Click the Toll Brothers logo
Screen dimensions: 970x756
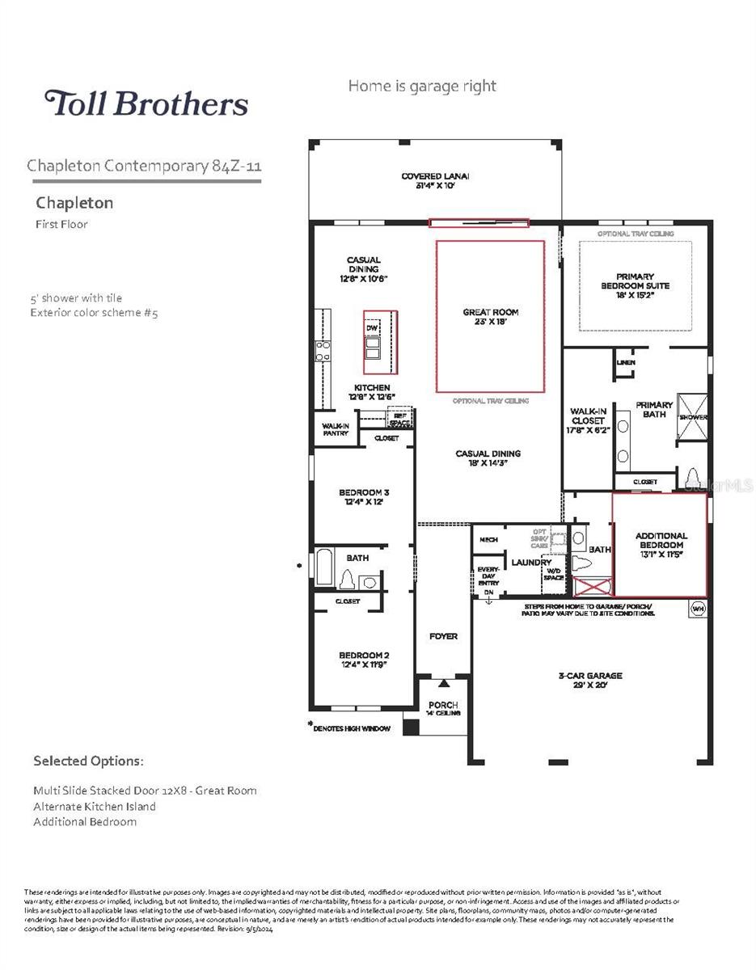(x=146, y=103)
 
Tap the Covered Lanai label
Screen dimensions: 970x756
(x=436, y=180)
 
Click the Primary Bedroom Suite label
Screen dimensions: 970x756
(x=635, y=281)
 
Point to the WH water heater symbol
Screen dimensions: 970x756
(x=697, y=608)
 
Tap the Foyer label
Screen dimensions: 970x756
(x=442, y=636)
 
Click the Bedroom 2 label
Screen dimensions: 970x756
(x=364, y=660)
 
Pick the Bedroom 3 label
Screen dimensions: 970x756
(x=364, y=496)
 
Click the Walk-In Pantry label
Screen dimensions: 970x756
(x=335, y=429)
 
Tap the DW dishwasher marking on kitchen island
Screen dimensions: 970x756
(x=372, y=328)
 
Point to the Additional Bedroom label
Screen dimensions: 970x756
(x=661, y=540)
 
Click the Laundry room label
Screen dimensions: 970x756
(x=530, y=562)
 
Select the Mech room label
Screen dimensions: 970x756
(x=488, y=539)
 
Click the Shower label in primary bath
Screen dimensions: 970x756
(x=693, y=417)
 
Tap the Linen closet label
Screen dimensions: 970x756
(x=626, y=362)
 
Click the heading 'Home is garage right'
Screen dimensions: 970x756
(x=422, y=86)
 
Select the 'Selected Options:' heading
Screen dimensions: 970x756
(x=89, y=761)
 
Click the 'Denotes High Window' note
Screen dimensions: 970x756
(x=353, y=728)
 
